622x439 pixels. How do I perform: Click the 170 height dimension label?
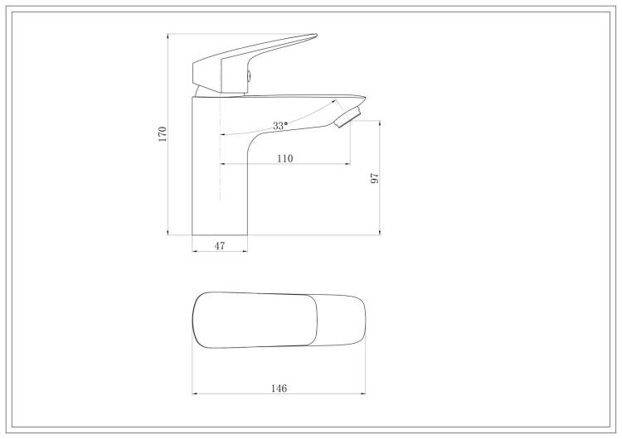(163, 134)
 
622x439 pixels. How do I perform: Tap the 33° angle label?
(280, 126)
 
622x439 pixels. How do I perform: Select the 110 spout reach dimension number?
(284, 158)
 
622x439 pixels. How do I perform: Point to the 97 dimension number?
(375, 178)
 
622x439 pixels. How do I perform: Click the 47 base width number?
(220, 246)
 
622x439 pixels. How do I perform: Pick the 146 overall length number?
(279, 388)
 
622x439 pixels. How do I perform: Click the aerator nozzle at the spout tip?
(347, 117)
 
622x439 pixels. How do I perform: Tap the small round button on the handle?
(249, 75)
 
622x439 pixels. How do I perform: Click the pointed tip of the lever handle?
(316, 36)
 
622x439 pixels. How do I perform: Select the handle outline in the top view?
(255, 320)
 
